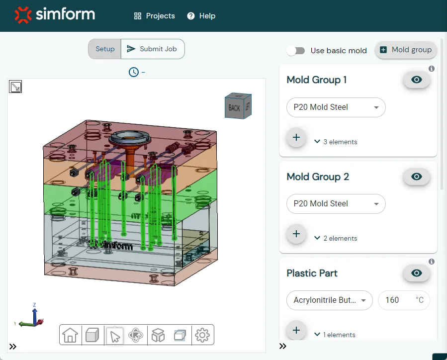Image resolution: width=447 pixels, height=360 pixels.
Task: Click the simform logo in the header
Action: pyautogui.click(x=55, y=15)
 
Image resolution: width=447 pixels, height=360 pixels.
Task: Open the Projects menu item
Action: pyautogui.click(x=155, y=16)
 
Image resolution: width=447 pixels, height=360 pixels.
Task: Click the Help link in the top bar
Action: pyautogui.click(x=201, y=16)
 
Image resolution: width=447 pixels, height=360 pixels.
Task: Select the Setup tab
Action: pyautogui.click(x=105, y=49)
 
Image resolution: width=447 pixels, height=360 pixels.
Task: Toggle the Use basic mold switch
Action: pyautogui.click(x=296, y=51)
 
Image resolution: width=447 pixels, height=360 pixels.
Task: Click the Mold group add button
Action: pyautogui.click(x=406, y=50)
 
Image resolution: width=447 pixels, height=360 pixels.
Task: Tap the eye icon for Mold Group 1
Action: pyautogui.click(x=417, y=80)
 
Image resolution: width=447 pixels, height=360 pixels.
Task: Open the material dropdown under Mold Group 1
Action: pyautogui.click(x=336, y=107)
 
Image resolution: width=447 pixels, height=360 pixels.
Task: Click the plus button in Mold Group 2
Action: pyautogui.click(x=296, y=234)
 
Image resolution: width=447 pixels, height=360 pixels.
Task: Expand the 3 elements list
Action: pyautogui.click(x=336, y=142)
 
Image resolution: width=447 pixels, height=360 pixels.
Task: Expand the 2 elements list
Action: pyautogui.click(x=336, y=238)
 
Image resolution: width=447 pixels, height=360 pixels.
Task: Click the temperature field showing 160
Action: pyautogui.click(x=403, y=300)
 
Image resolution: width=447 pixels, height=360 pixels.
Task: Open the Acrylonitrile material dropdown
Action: pyautogui.click(x=329, y=300)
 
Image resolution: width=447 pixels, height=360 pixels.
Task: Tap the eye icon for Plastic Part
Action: pyautogui.click(x=417, y=273)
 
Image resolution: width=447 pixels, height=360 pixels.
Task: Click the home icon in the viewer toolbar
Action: pyautogui.click(x=70, y=335)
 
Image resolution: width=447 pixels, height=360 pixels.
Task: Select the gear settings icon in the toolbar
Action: pyautogui.click(x=202, y=335)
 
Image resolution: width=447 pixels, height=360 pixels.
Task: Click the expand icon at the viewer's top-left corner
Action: pyautogui.click(x=15, y=87)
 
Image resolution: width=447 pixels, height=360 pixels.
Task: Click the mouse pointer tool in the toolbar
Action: pyautogui.click(x=115, y=336)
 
